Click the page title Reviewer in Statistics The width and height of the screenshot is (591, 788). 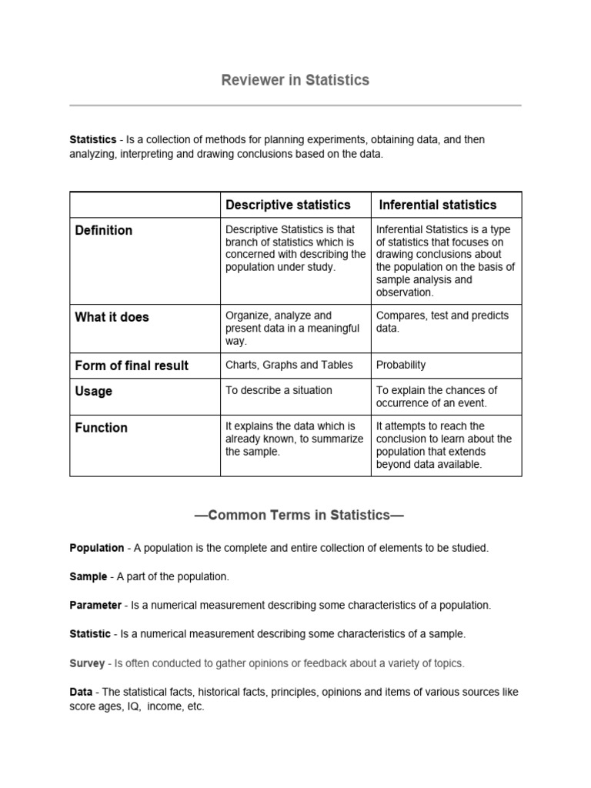(295, 80)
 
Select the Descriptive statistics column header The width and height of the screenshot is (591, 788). (287, 205)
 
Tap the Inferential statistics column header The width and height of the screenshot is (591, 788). (438, 205)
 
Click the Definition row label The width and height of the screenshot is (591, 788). (103, 230)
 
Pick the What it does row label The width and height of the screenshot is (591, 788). (112, 317)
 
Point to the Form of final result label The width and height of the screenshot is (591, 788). (131, 366)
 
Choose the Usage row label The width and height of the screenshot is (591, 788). (93, 391)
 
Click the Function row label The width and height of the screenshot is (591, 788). (101, 427)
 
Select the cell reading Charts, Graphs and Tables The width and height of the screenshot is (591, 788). (289, 366)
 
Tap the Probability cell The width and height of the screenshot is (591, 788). (400, 366)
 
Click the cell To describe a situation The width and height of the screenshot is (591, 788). (279, 390)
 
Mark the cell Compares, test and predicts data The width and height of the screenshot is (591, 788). (442, 322)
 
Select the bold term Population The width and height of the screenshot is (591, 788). (96, 548)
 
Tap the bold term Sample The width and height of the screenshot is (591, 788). (88, 576)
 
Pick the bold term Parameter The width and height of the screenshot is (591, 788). (95, 606)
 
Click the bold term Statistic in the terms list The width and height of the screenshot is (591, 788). (90, 634)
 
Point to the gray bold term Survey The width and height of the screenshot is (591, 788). (87, 663)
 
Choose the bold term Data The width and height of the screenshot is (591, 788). (81, 692)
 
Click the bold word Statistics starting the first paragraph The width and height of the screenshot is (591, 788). (92, 140)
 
